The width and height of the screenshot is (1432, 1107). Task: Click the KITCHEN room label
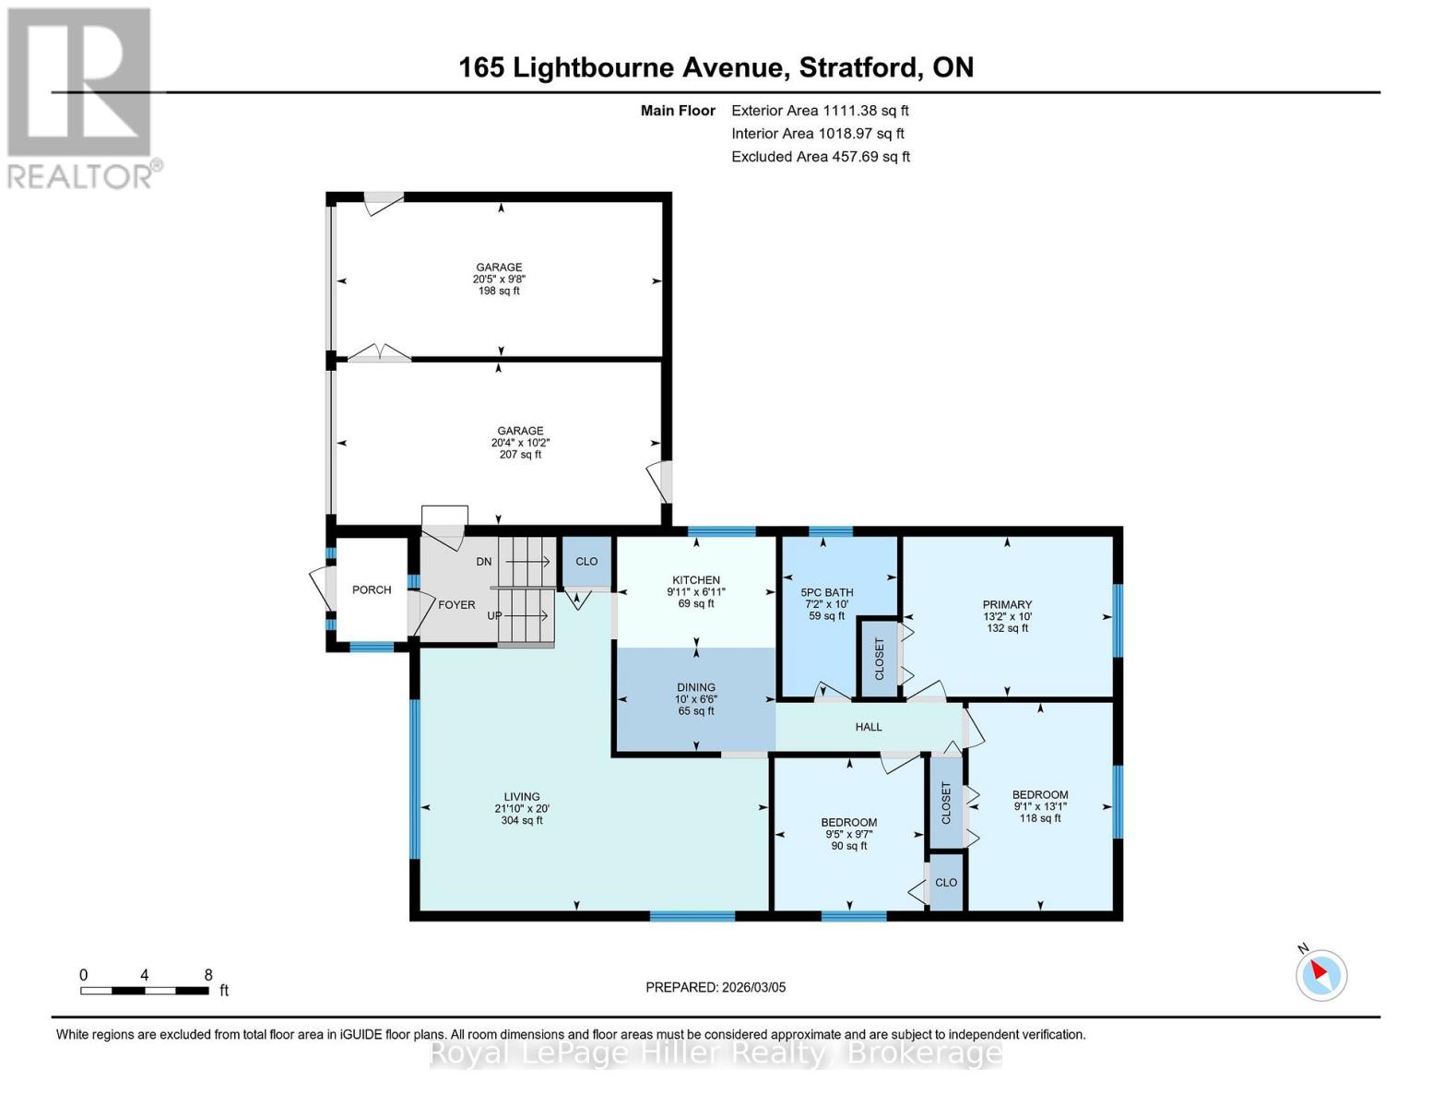(695, 580)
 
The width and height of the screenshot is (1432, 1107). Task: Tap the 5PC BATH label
(826, 592)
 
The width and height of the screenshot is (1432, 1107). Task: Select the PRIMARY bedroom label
(1006, 605)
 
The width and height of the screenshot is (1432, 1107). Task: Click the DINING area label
(695, 687)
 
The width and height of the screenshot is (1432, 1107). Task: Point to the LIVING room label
(521, 797)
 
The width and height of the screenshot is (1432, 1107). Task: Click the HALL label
(868, 727)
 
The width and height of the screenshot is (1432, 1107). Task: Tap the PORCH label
(372, 589)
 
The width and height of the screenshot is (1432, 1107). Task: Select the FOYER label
(456, 605)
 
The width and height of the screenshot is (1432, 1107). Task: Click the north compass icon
(1320, 974)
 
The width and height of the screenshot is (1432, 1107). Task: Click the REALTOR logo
(81, 97)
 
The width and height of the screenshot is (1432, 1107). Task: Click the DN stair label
(483, 562)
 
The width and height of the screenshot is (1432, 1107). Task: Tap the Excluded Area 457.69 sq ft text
(820, 157)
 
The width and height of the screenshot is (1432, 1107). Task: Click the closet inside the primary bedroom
(879, 658)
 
